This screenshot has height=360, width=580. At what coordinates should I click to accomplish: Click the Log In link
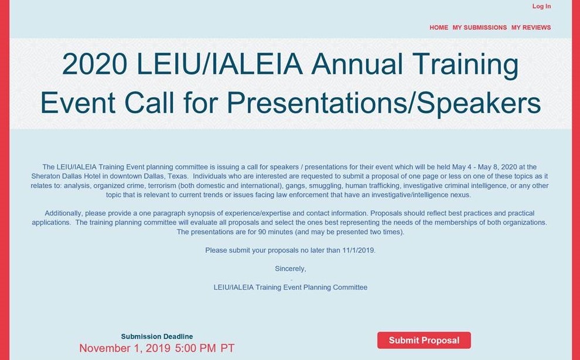point(541,6)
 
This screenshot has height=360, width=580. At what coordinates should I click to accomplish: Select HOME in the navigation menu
point(439,28)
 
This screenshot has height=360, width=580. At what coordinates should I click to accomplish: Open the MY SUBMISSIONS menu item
point(480,28)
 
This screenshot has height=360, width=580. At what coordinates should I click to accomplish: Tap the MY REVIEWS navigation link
point(531,28)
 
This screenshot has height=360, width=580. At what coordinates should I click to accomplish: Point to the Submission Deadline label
point(157,337)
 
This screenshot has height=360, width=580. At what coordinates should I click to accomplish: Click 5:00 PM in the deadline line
point(196,348)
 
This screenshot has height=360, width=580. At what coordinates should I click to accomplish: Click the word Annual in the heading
point(357,64)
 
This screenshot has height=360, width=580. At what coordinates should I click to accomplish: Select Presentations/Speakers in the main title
point(384,103)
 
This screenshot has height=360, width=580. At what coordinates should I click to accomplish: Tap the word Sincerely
point(291,269)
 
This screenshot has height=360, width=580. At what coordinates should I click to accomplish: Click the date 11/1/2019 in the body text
point(359,250)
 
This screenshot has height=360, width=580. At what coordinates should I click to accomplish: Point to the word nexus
point(460,195)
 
